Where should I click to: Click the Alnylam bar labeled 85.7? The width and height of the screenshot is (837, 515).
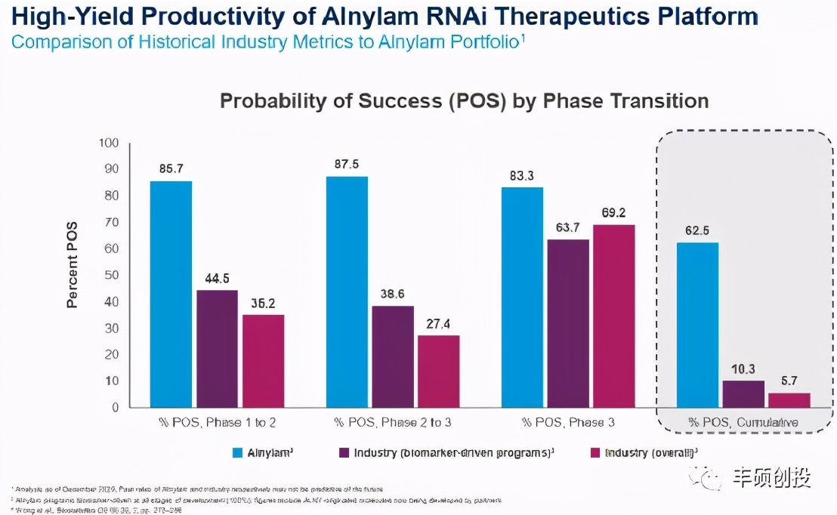coord(171,295)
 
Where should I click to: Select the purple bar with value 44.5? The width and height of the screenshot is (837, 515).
coord(217,349)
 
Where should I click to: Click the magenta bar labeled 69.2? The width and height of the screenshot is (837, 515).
coord(613,316)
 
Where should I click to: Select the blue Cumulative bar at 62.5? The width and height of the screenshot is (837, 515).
coord(697,325)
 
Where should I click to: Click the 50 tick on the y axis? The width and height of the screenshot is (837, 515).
coord(112,276)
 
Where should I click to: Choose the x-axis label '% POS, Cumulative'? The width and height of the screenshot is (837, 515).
coord(743,421)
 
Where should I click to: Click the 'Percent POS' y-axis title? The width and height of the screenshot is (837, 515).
coord(73,271)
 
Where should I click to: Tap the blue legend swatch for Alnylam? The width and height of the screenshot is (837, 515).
coord(236,453)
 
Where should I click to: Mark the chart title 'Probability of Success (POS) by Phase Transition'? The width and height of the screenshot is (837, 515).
coord(464,101)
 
